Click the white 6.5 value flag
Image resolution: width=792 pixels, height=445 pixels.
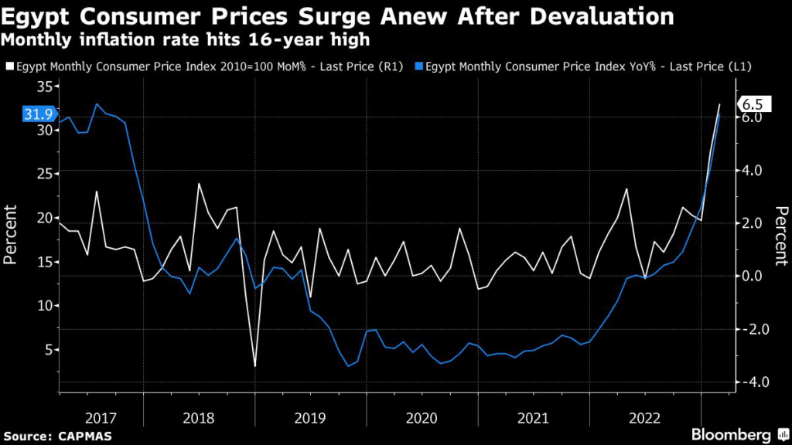pyautogui.click(x=751, y=104)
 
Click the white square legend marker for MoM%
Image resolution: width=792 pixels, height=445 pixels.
pyautogui.click(x=8, y=67)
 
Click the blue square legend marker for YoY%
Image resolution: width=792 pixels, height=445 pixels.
pyautogui.click(x=418, y=67)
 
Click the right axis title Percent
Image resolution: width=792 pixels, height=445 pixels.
pyautogui.click(x=781, y=235)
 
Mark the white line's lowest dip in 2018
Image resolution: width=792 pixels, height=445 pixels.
pyautogui.click(x=254, y=365)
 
